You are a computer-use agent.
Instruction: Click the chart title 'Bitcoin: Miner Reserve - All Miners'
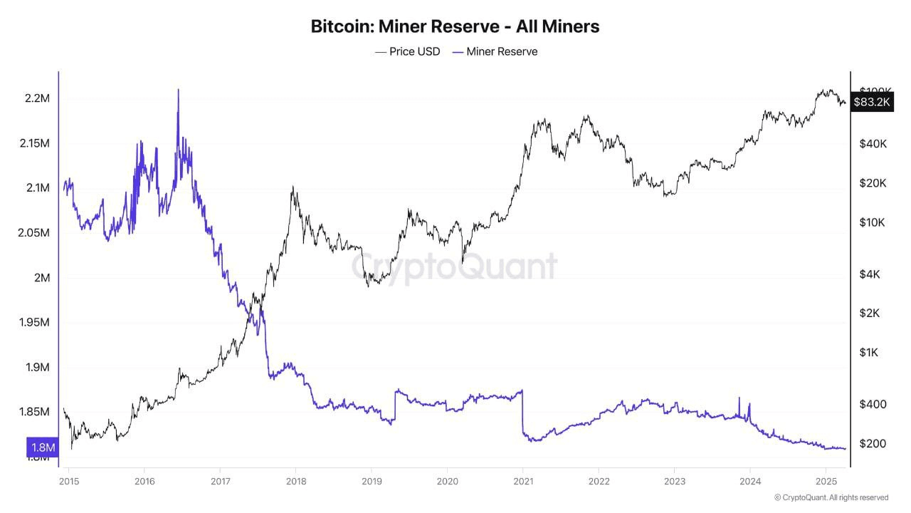(455, 26)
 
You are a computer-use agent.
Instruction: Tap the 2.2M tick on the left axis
(36, 98)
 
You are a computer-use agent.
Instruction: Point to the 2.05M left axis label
(33, 233)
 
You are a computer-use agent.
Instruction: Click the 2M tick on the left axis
(41, 278)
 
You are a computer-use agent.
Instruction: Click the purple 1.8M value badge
(42, 447)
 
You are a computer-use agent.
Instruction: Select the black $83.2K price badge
(871, 102)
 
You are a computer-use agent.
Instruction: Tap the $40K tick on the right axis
(873, 144)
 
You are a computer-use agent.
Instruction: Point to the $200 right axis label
(873, 444)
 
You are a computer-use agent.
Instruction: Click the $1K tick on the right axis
(870, 353)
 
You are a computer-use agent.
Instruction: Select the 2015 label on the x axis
(68, 481)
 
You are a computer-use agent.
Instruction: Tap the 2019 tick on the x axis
(372, 481)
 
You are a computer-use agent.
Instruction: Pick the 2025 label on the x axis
(826, 481)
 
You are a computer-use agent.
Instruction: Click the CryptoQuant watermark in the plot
(455, 266)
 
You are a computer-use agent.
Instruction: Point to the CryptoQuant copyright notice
(831, 497)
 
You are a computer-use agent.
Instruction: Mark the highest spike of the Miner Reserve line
(178, 90)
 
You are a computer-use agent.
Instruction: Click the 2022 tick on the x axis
(599, 481)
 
